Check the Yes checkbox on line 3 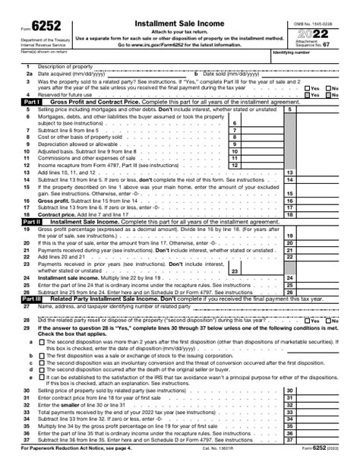[x=306, y=87]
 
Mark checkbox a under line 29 [x=42, y=342]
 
